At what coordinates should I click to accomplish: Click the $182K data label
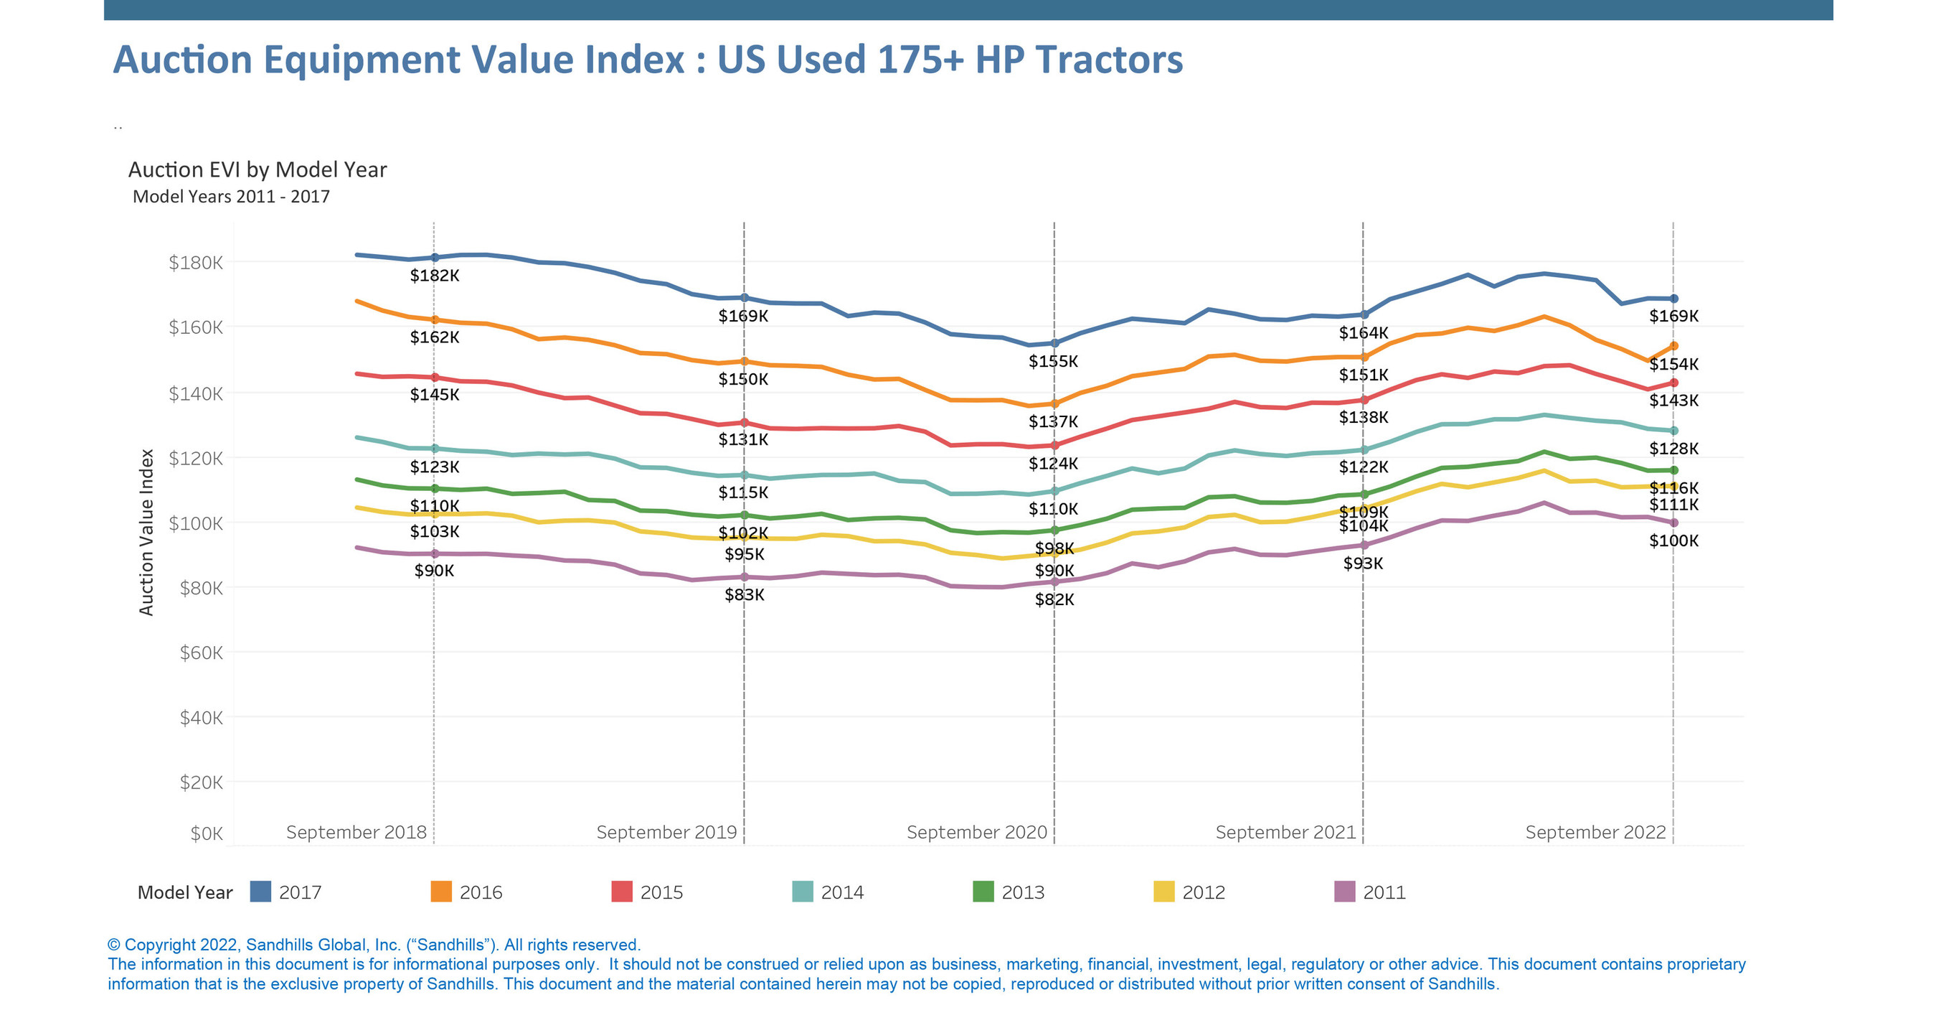[x=435, y=275]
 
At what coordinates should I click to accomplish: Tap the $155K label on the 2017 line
[x=1053, y=361]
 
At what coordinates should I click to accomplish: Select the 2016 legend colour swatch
[x=440, y=892]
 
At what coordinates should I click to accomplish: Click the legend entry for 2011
[x=1383, y=892]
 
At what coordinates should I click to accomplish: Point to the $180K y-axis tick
[x=195, y=263]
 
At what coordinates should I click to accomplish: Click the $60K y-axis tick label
[x=201, y=652]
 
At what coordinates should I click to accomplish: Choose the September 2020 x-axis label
[x=976, y=832]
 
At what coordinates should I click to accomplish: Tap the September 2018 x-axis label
[x=356, y=832]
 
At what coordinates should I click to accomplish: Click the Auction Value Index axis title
[x=146, y=533]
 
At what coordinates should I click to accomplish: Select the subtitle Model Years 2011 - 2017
[x=231, y=196]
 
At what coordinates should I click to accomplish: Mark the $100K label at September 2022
[x=1673, y=541]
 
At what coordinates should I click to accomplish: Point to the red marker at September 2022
[x=1673, y=383]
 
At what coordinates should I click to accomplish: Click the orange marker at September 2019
[x=744, y=362]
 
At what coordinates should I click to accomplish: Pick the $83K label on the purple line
[x=744, y=594]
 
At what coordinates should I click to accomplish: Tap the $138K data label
[x=1364, y=417]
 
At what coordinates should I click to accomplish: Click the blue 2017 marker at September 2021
[x=1364, y=314]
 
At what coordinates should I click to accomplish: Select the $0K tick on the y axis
[x=206, y=833]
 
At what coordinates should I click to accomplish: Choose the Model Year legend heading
[x=185, y=892]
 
